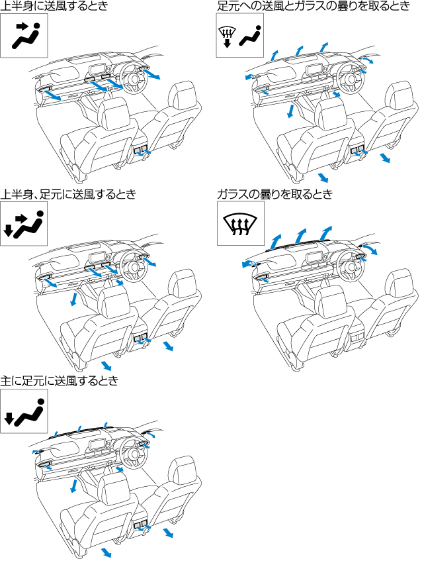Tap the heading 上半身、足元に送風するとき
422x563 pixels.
click(68, 194)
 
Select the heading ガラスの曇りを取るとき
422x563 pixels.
click(274, 194)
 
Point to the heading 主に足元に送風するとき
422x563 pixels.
click(60, 381)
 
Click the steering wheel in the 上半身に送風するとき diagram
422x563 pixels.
click(135, 79)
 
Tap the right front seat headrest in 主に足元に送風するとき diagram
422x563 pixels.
click(181, 471)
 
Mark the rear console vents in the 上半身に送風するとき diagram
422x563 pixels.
click(141, 152)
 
